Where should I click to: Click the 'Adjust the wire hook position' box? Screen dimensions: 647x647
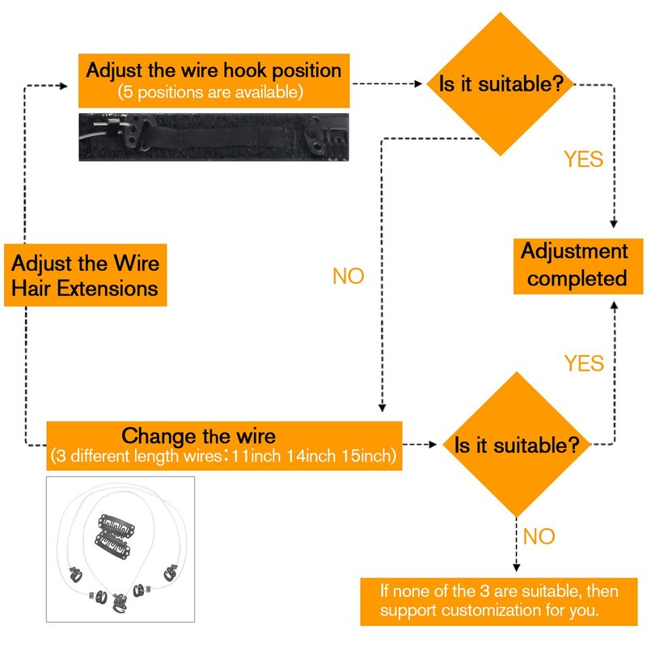[x=214, y=79]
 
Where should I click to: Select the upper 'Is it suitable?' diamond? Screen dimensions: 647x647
[x=506, y=82]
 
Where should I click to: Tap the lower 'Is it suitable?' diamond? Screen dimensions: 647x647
[x=517, y=444]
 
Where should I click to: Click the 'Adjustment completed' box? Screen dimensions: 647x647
[x=573, y=264]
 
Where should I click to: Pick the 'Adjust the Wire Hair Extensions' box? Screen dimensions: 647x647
[x=86, y=275]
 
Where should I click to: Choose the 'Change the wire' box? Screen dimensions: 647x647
[x=224, y=445]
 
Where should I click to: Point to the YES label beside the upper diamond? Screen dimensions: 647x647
[x=583, y=159]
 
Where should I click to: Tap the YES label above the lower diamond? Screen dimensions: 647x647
[x=584, y=363]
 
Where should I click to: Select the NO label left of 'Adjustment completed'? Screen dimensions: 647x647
[x=349, y=277]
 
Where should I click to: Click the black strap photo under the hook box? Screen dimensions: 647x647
[x=214, y=136]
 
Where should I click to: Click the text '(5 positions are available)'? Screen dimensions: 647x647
[x=211, y=92]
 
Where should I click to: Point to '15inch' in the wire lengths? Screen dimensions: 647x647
[x=368, y=456]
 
